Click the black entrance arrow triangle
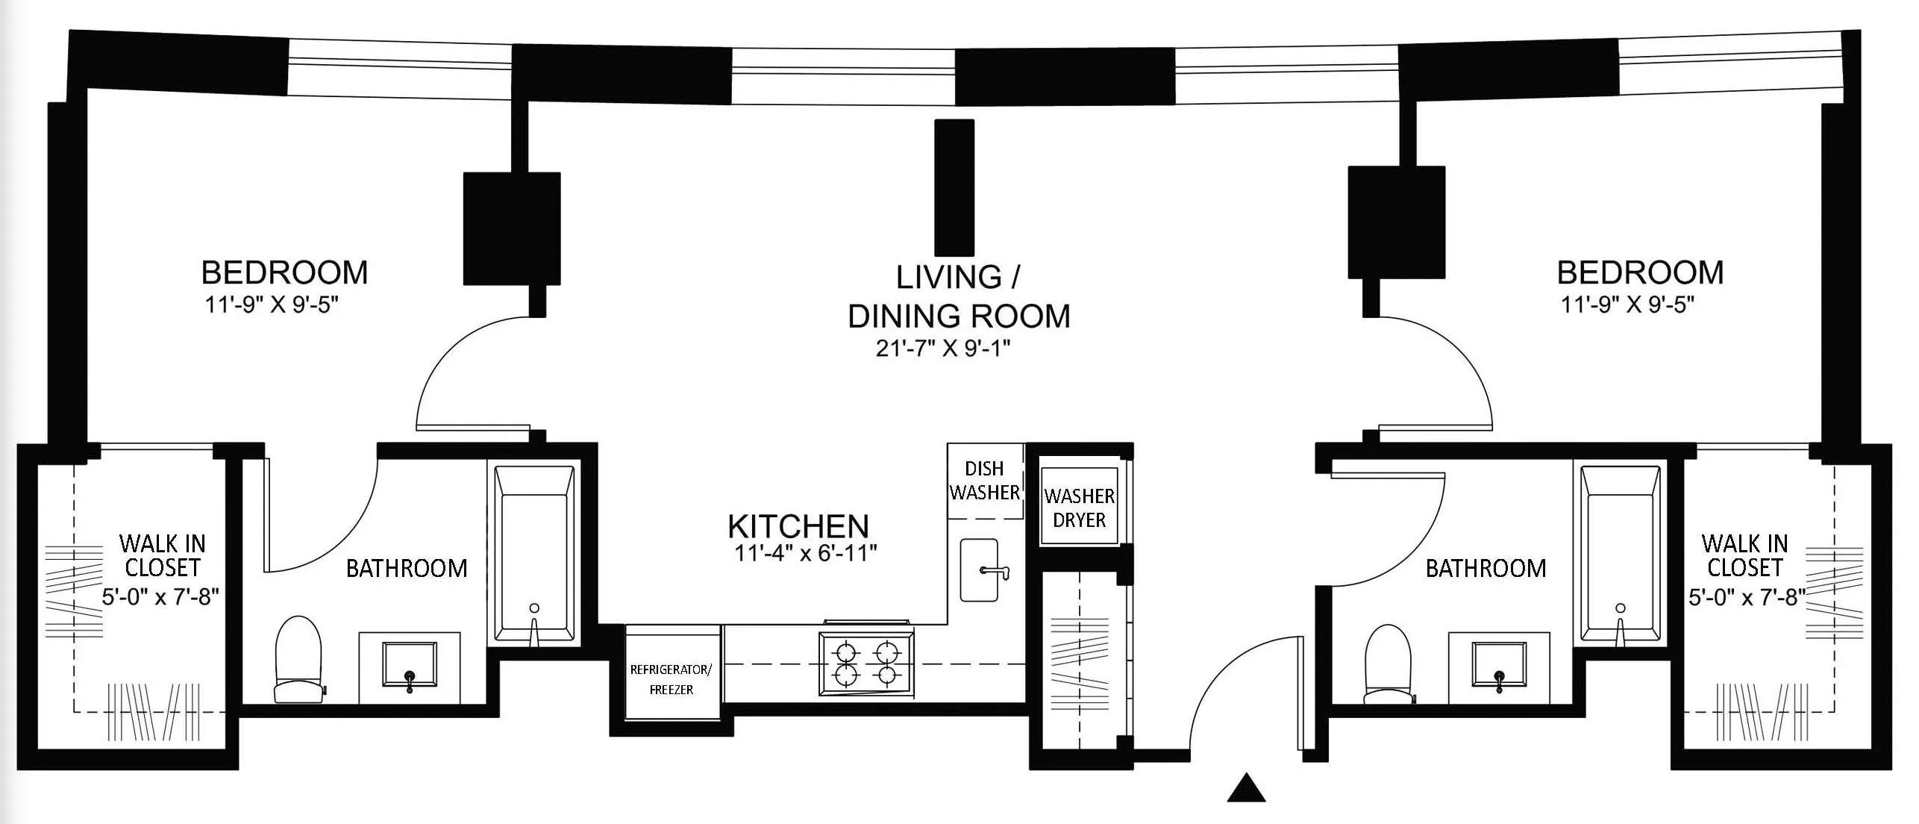(1246, 788)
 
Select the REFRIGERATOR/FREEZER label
(671, 679)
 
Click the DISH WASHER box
(984, 481)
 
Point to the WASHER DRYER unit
(1079, 508)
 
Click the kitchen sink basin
(979, 570)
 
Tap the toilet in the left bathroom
(298, 661)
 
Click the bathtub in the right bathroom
(1618, 555)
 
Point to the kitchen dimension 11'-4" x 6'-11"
(805, 553)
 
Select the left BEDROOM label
(284, 272)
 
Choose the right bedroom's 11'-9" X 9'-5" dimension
(1627, 305)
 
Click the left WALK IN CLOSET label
(162, 555)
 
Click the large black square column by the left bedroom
(512, 228)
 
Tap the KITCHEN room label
(798, 526)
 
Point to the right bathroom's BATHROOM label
(1486, 569)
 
